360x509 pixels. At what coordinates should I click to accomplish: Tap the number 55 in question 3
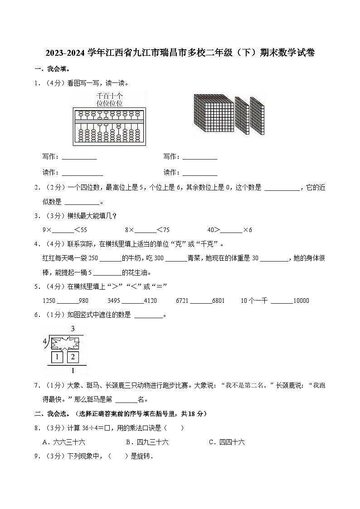(83, 230)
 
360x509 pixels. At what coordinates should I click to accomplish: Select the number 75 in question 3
(166, 230)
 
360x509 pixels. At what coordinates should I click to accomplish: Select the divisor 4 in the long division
(45, 341)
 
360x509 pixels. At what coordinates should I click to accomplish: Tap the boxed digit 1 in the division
(57, 357)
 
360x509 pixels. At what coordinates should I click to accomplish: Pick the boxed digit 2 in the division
(73, 357)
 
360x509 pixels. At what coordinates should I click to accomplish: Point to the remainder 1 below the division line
(73, 371)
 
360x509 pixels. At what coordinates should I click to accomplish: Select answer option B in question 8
(147, 442)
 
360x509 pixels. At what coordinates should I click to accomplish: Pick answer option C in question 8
(227, 442)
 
